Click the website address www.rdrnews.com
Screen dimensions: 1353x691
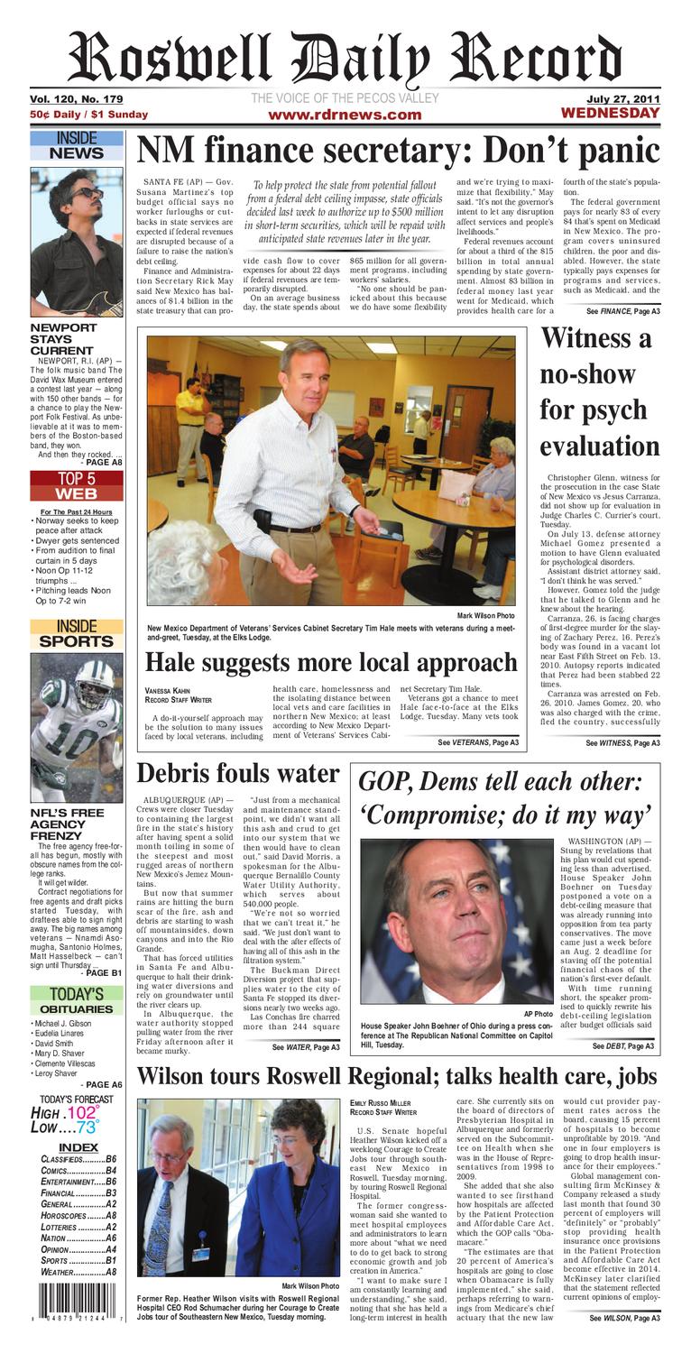tap(345, 115)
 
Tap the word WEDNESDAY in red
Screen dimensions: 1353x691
tap(610, 114)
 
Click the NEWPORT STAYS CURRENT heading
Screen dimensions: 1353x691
tap(63, 338)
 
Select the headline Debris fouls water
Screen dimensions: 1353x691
tap(238, 773)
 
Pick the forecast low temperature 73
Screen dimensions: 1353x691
tap(87, 1127)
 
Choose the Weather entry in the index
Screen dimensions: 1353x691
tap(78, 1272)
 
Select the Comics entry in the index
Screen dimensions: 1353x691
tap(78, 1172)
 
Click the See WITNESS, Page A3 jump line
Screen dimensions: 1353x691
tap(622, 743)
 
